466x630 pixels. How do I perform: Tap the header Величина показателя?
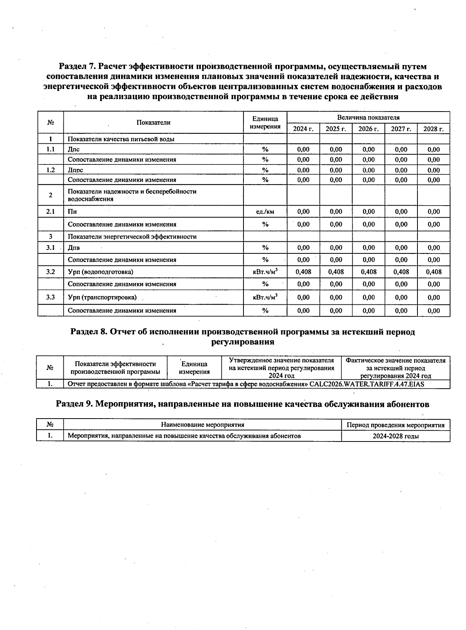tap(368, 118)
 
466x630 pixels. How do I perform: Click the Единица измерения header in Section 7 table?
tap(265, 122)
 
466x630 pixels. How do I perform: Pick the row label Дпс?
tap(74, 149)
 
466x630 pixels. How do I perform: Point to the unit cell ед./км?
tap(265, 212)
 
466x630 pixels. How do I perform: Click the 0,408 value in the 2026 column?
tap(368, 272)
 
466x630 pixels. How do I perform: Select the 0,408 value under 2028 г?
tap(433, 272)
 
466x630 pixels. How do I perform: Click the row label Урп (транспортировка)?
tap(102, 298)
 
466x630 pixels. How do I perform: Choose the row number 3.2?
tap(50, 272)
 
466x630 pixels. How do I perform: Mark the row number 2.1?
tap(50, 212)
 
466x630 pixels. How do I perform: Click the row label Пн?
tap(72, 212)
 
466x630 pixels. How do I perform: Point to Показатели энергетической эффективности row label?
tap(132, 237)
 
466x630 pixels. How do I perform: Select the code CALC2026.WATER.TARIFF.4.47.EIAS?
tap(367, 384)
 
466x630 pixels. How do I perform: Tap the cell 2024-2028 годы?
tap(395, 436)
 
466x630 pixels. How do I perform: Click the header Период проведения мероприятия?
tap(395, 425)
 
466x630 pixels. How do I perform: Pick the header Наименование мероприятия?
tap(202, 425)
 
